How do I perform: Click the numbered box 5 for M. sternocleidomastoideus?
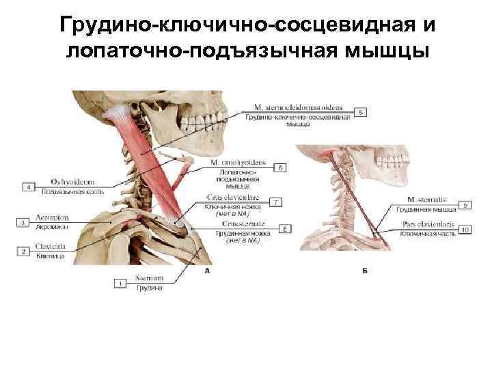[x=361, y=111]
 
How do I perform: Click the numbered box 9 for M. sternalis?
[x=465, y=204]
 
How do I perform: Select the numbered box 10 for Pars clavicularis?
[x=465, y=230]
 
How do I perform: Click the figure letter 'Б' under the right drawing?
[x=365, y=271]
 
